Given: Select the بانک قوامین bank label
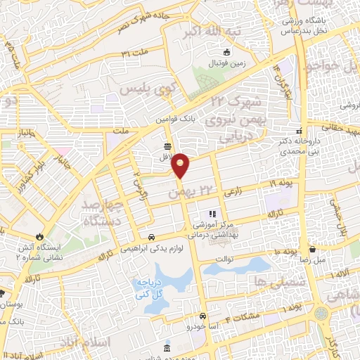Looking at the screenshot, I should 174,120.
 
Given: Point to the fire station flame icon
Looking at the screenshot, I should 40,237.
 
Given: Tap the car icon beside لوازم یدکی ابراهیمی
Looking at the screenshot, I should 153,238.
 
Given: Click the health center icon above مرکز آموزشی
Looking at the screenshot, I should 210,214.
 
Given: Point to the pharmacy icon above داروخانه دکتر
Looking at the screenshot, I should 300,131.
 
